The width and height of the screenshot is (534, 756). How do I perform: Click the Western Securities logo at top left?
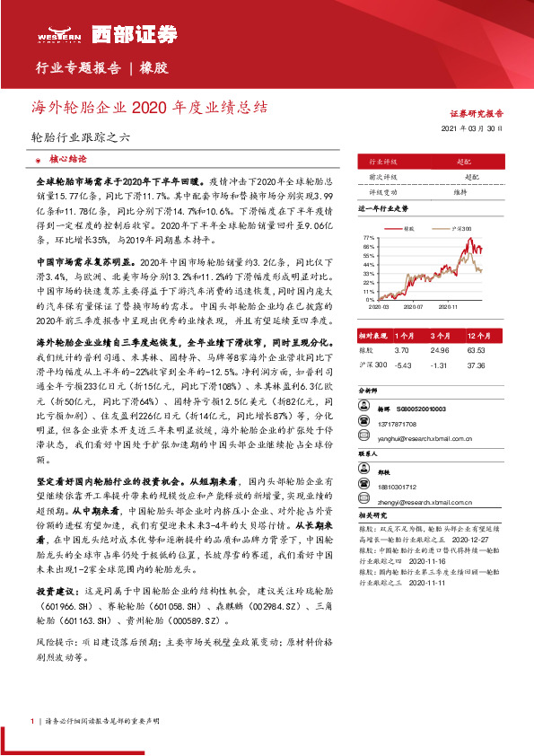71,33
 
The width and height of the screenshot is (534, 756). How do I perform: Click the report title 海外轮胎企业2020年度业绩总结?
149,107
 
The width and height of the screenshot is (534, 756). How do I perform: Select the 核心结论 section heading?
67,157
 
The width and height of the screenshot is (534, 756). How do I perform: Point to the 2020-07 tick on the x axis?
415,306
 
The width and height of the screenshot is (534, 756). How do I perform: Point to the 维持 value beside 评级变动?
459,192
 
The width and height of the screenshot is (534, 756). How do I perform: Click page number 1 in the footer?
32,722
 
